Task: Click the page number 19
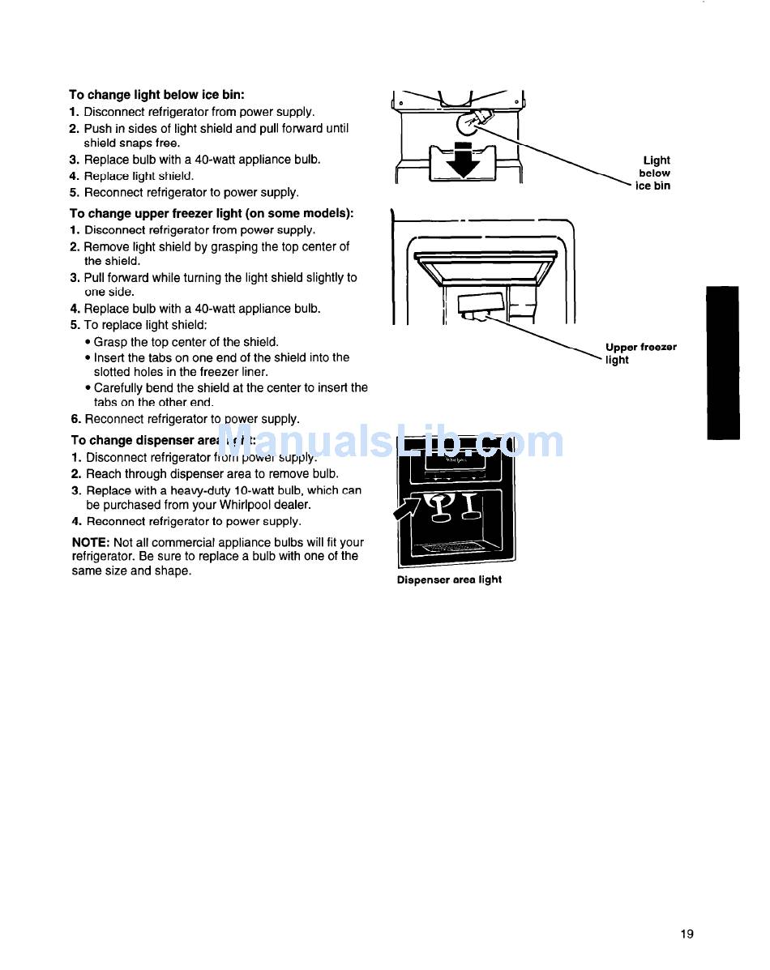point(687,934)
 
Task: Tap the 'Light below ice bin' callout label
point(654,173)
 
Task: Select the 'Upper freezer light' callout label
point(640,353)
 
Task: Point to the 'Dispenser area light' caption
point(449,579)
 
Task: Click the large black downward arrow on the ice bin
point(464,158)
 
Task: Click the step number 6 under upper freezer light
point(74,419)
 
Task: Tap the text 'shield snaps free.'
point(131,143)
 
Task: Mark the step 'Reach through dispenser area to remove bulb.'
point(212,474)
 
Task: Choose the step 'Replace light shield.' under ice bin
point(139,176)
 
